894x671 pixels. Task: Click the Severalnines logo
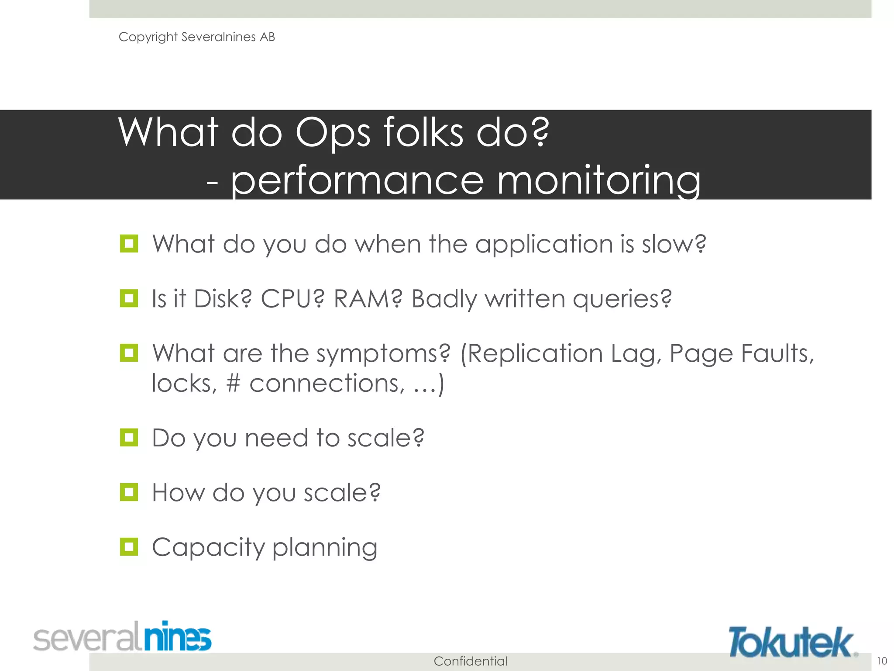[x=122, y=637]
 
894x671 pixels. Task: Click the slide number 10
[x=882, y=661]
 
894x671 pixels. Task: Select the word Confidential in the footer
[x=470, y=661]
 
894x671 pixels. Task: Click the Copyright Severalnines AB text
[x=196, y=37]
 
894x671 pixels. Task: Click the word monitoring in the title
[x=598, y=180]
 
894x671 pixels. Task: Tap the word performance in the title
[x=357, y=180]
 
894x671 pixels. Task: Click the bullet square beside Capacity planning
[x=129, y=547]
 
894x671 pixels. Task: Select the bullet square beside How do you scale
[x=129, y=492]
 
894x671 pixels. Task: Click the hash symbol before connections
[x=234, y=384]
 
